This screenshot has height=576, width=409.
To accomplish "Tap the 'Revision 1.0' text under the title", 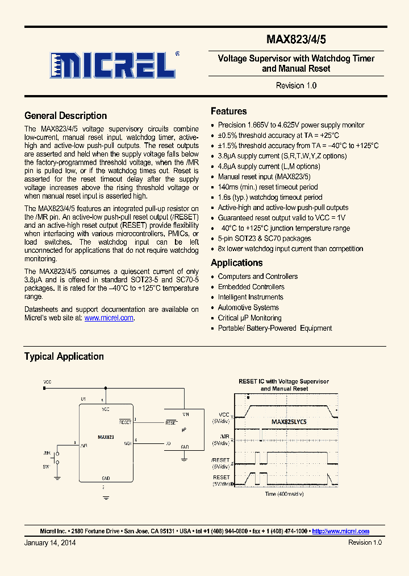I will point(296,85).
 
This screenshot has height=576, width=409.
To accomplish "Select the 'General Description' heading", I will point(65,116).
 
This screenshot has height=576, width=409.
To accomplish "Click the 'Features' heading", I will point(228,111).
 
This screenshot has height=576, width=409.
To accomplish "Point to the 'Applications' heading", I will point(236,263).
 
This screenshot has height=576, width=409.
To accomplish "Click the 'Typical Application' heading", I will point(64,356).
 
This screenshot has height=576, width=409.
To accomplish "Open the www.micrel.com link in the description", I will point(108,318).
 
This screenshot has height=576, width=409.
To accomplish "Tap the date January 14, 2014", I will point(50,542).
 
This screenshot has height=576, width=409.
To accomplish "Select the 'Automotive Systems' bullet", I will point(248,307).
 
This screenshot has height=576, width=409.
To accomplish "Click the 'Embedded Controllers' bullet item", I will point(251,287).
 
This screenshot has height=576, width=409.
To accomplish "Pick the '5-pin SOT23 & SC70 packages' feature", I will point(264,238).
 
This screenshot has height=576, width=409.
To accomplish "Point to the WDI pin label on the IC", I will point(128,443).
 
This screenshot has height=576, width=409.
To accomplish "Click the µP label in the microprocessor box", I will point(183,430).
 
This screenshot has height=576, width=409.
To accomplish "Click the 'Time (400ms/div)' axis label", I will point(284,494).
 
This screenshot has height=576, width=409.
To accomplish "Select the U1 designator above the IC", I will point(83,399).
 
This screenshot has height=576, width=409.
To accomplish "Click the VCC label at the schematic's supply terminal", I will point(47,382).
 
